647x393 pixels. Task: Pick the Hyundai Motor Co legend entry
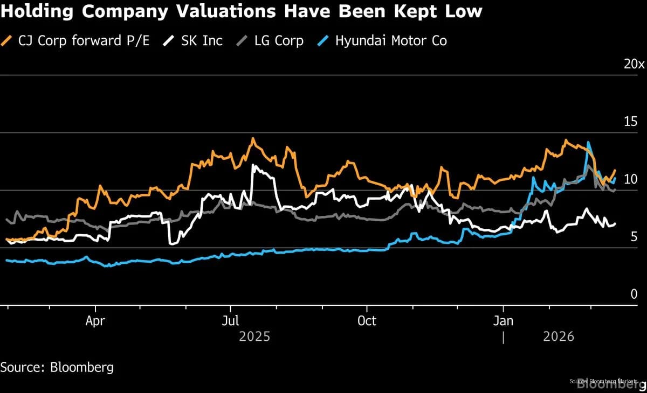point(391,40)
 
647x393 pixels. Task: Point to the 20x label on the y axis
point(634,64)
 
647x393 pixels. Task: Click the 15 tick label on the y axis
point(630,122)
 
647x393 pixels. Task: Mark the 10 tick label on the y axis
point(630,179)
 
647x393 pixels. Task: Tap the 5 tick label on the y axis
point(634,237)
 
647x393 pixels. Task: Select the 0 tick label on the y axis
point(634,294)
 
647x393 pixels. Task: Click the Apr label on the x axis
point(95,321)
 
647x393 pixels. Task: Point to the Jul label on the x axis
point(230,321)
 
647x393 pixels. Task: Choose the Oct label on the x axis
point(367,321)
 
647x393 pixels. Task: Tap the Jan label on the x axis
point(503,321)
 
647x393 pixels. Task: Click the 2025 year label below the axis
point(254,337)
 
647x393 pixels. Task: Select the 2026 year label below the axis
point(559,337)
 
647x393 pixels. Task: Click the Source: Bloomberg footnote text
point(57,368)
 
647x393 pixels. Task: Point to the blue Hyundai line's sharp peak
point(588,143)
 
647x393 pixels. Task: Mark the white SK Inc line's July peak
point(253,165)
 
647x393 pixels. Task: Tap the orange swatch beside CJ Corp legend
point(7,40)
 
